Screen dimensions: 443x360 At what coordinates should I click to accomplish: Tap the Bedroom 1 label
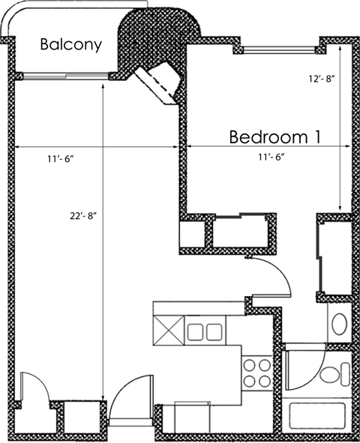tap(275, 137)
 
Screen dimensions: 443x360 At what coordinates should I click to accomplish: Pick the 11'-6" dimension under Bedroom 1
tap(269, 157)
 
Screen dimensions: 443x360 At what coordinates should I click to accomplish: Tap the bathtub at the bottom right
tap(318, 416)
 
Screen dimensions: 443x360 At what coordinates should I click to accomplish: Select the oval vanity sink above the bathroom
tap(339, 325)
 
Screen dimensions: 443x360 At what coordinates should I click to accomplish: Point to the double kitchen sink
tap(204, 331)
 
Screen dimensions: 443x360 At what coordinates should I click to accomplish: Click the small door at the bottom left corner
tap(34, 389)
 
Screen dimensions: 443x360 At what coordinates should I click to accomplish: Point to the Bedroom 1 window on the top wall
tap(277, 50)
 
